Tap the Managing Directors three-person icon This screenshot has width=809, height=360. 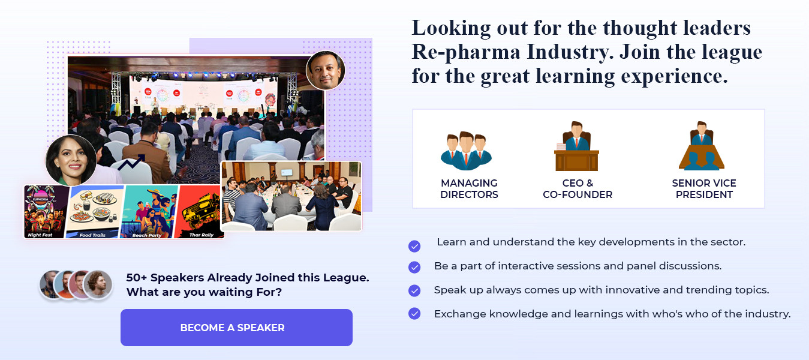tap(466, 151)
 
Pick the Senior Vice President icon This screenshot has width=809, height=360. tap(702, 146)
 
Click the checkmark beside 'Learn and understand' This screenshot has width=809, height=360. tap(414, 246)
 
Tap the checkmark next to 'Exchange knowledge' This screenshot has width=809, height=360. tap(414, 313)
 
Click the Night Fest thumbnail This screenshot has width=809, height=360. tap(46, 212)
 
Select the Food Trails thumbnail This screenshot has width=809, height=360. tap(95, 212)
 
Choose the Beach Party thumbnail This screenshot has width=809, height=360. tap(149, 212)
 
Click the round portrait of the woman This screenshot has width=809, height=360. tap(71, 160)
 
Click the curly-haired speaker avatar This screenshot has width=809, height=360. tap(98, 284)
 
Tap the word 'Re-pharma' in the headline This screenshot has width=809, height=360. tap(466, 52)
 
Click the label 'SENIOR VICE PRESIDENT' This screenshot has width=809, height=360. tap(704, 188)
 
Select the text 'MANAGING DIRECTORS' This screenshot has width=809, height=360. tap(469, 188)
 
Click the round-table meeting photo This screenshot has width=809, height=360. tap(291, 196)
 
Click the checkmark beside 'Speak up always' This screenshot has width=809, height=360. tap(414, 290)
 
